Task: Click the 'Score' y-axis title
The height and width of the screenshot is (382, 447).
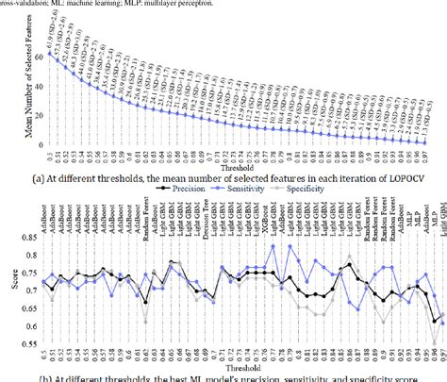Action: [x=8, y=282]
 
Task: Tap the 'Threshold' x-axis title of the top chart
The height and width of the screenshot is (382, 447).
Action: [x=240, y=162]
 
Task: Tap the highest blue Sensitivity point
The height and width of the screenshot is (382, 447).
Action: [x=273, y=246]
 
